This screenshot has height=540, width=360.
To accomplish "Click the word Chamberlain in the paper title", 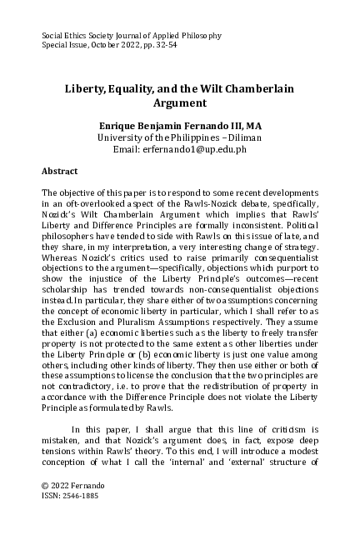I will click(x=255, y=87).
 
